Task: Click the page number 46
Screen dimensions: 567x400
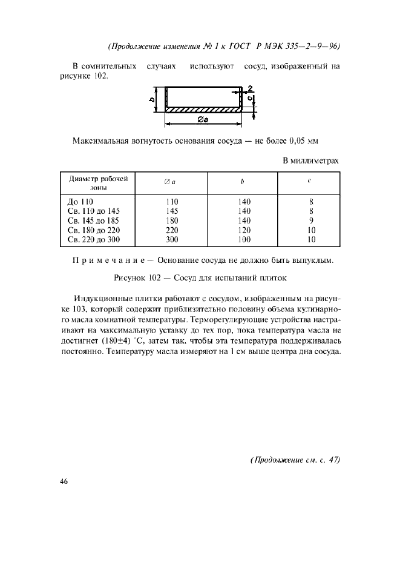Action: (65, 482)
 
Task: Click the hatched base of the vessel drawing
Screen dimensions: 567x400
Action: (203, 110)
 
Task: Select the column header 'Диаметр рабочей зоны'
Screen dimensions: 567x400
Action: (99, 183)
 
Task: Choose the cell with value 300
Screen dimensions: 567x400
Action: (171, 240)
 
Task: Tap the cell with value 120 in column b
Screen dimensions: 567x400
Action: (244, 230)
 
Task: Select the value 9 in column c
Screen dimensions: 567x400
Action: (310, 220)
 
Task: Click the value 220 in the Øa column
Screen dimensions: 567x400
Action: (171, 230)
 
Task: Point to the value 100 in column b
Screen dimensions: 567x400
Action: (244, 240)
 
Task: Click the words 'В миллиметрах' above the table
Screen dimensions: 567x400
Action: (310, 161)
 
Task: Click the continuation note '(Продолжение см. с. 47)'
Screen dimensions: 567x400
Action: (295, 460)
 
